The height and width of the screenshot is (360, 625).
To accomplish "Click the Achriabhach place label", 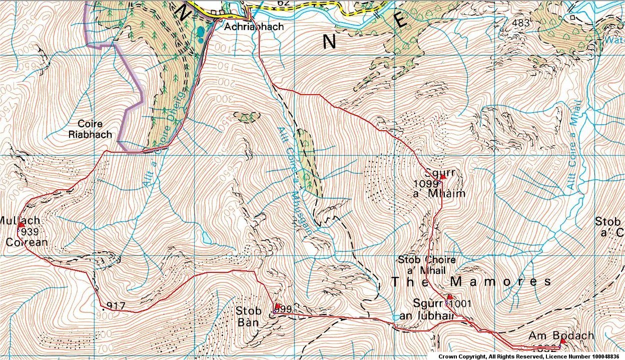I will click(254, 27).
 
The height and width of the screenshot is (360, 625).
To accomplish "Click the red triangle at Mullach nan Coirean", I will click(21, 225).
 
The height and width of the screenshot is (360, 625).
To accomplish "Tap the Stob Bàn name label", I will click(248, 316).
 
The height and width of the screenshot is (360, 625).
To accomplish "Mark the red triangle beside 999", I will click(277, 305).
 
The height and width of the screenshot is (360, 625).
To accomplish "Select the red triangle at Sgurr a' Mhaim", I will click(442, 177).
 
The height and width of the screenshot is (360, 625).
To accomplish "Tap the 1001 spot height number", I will click(460, 303).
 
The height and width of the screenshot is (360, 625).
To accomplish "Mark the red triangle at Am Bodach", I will click(562, 341).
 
